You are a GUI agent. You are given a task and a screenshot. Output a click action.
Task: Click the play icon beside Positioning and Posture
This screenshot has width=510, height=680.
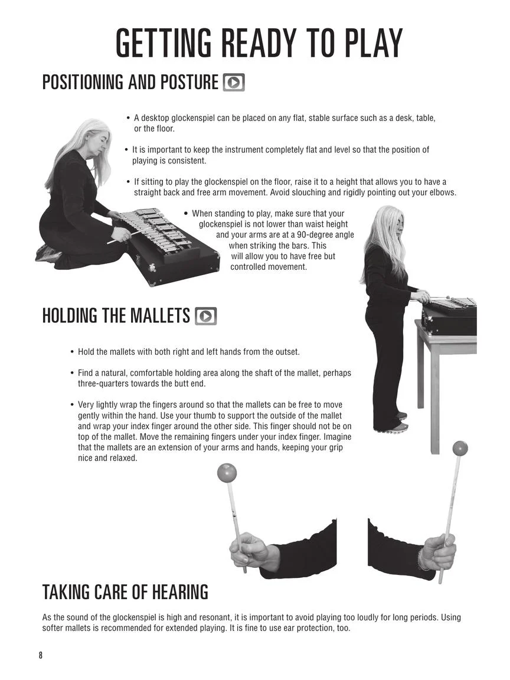click(234, 83)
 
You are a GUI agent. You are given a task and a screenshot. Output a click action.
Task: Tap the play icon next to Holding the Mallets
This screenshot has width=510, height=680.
click(205, 316)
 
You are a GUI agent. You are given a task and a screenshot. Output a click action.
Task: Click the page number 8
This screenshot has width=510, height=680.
click(41, 655)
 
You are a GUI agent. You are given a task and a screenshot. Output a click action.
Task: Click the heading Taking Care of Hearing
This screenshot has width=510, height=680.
click(125, 592)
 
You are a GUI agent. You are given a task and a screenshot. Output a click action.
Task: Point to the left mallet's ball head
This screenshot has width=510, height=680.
click(227, 472)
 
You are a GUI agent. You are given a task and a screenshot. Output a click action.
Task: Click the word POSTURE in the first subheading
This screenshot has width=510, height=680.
click(189, 83)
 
